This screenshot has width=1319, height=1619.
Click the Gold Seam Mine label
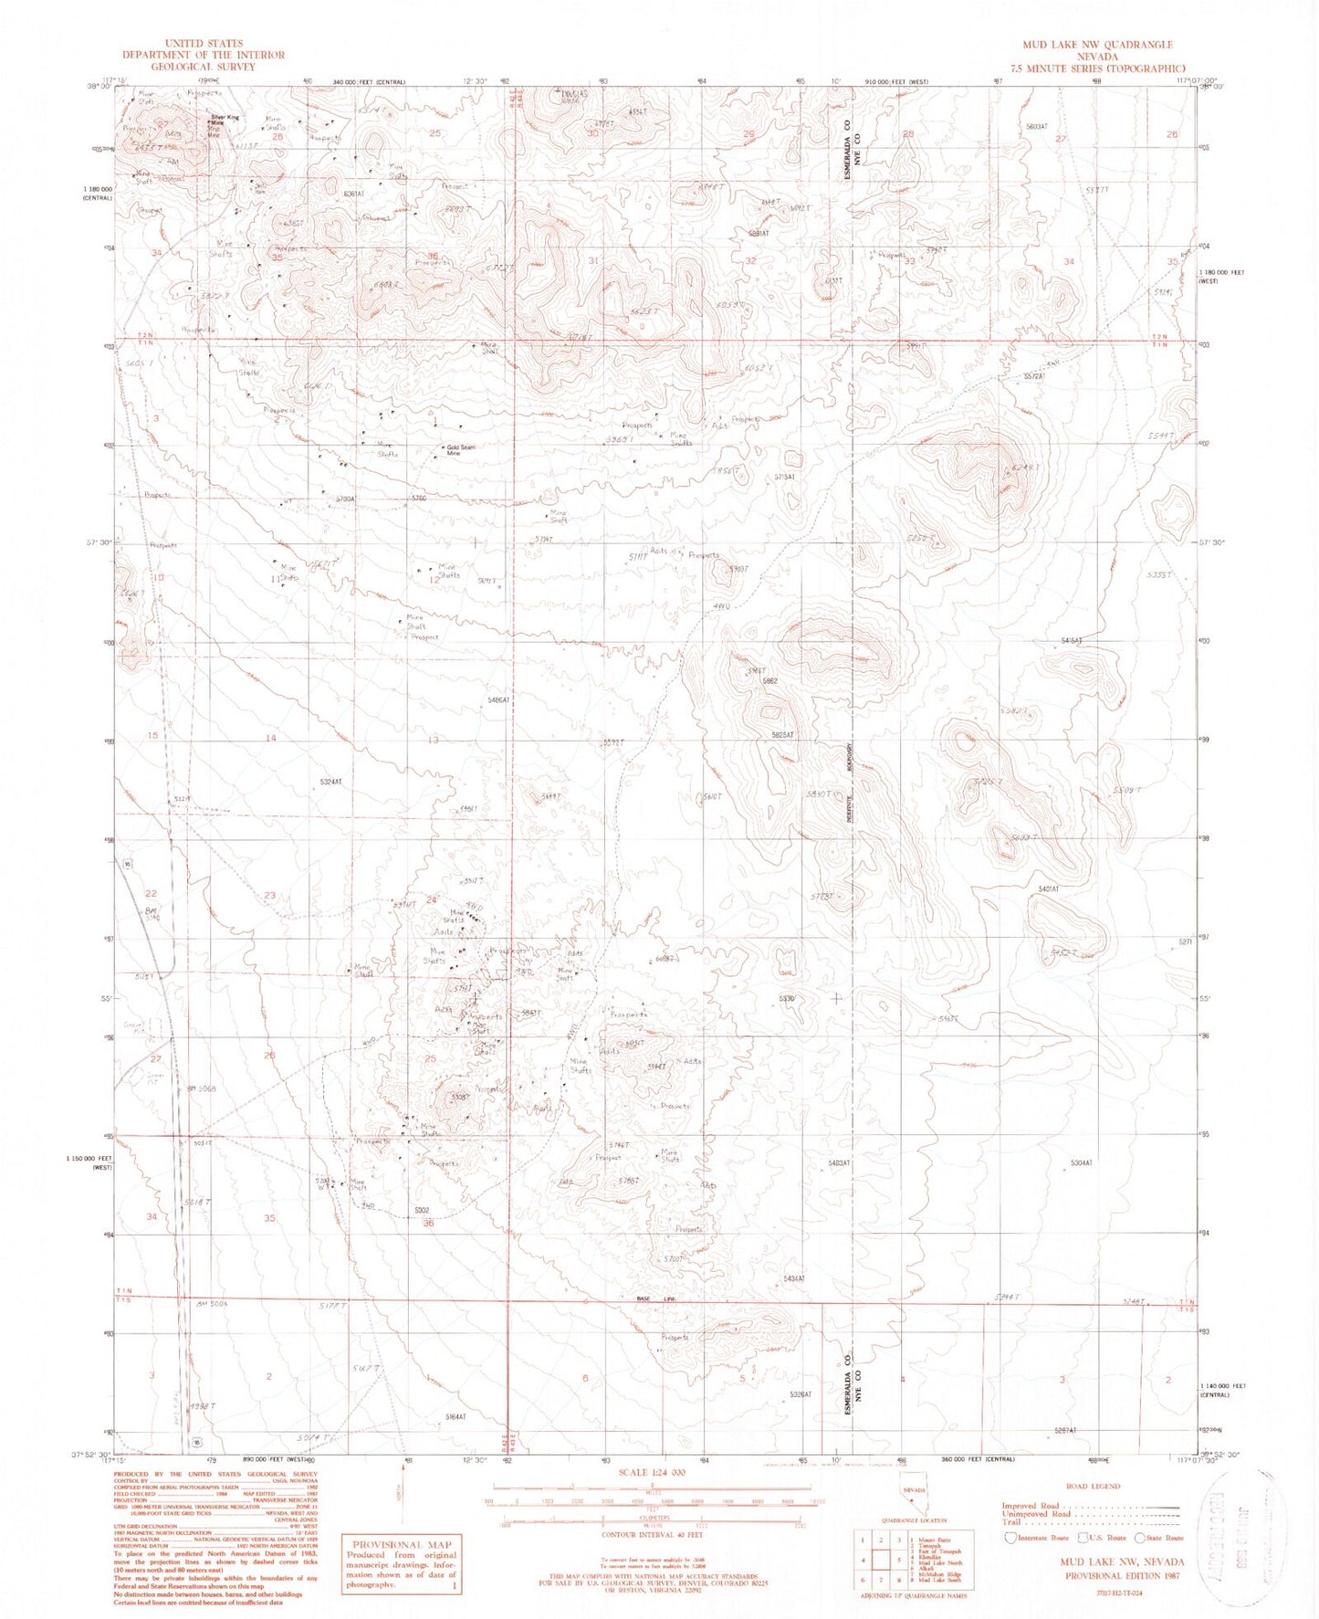pos(461,449)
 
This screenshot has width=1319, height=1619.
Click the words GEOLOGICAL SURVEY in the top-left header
pos(204,67)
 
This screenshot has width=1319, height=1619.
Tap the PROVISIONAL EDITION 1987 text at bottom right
pos(1122,1576)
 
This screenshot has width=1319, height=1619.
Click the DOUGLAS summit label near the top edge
pos(571,95)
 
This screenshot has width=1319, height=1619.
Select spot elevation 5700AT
pos(343,499)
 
